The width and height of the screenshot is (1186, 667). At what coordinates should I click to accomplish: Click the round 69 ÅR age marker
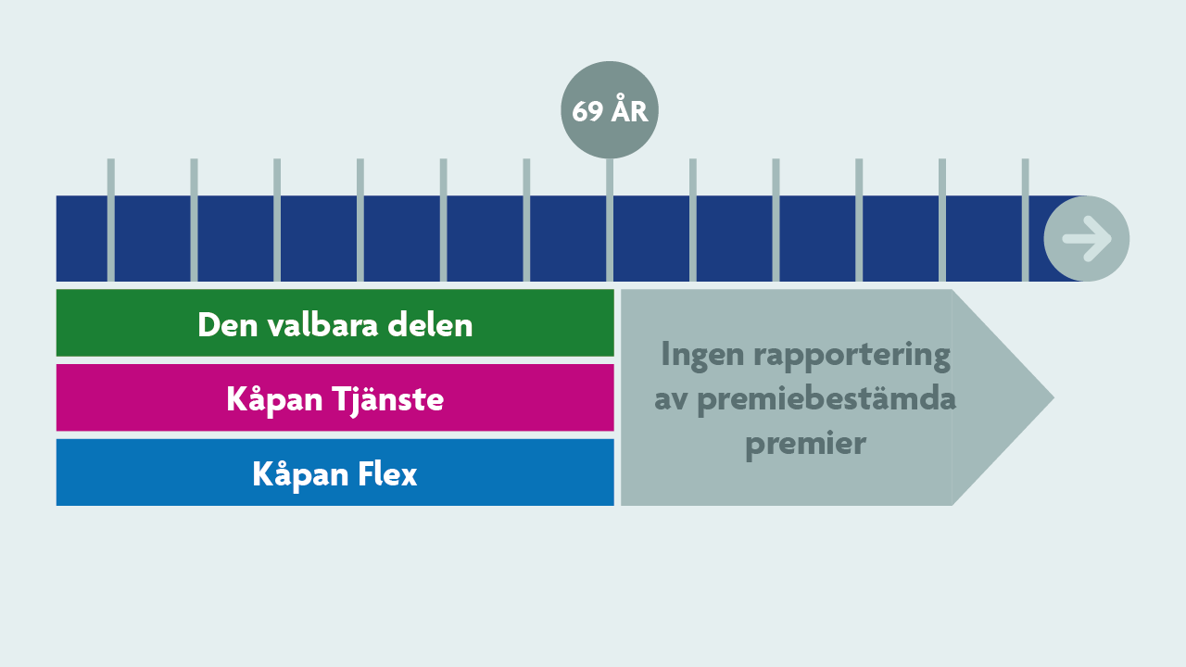(x=610, y=109)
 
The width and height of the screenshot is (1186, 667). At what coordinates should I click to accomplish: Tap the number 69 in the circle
(x=587, y=112)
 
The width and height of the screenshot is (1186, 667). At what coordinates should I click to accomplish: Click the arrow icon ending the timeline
(x=1087, y=238)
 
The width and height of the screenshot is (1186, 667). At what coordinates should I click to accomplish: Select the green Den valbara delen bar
(x=335, y=323)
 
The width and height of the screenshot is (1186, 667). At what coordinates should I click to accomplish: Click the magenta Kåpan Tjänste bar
(x=335, y=397)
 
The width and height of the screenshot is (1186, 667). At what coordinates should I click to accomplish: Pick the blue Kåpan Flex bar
(x=335, y=472)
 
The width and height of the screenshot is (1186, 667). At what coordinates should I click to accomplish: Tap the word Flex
(x=387, y=473)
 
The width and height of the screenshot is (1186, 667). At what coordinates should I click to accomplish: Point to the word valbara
(x=323, y=324)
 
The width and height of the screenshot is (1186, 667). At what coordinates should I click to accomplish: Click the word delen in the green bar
(x=430, y=324)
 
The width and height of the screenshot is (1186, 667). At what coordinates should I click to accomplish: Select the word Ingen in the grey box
(x=703, y=354)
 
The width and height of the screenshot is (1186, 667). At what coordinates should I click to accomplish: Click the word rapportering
(x=852, y=355)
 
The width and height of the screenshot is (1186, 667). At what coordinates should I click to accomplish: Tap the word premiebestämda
(x=826, y=399)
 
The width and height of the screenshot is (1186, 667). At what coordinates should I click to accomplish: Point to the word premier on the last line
(x=805, y=445)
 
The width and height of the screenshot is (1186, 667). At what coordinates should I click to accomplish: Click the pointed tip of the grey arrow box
(x=1054, y=397)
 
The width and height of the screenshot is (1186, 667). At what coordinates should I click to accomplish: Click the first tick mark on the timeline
(x=110, y=220)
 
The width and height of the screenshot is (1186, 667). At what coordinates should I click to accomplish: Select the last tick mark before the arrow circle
(x=1026, y=220)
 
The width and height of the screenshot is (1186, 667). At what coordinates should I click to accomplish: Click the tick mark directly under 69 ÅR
(x=610, y=220)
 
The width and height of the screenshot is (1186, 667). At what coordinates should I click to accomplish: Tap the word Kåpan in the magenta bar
(x=274, y=399)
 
